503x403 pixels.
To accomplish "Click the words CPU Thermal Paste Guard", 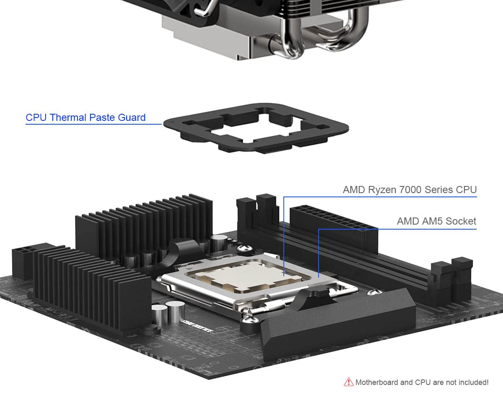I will [86, 118].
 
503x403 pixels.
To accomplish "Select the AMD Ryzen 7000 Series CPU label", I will [410, 190].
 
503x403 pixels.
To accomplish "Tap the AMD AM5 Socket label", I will [436, 221].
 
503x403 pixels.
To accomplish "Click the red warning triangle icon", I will [348, 382].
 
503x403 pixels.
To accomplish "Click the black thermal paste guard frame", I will [256, 126].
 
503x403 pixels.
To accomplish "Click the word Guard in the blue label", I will [132, 118].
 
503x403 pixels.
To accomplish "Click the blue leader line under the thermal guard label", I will [92, 125].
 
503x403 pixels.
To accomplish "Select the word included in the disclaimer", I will [472, 382].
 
